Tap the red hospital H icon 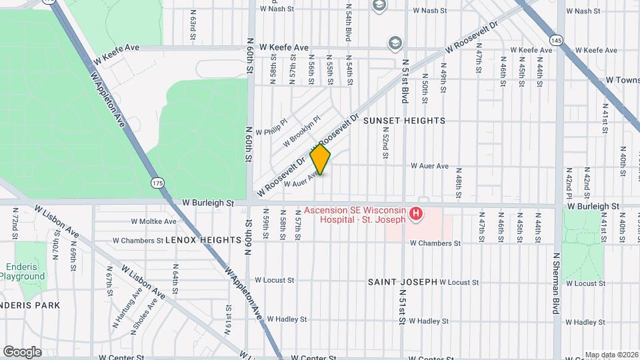[x=416, y=214]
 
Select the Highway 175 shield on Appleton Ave [x=157, y=183]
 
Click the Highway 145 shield [x=557, y=40]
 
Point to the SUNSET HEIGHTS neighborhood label [x=404, y=121]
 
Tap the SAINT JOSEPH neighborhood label [x=402, y=282]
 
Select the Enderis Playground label [x=22, y=271]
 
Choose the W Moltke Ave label [x=153, y=221]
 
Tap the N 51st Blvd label [x=404, y=80]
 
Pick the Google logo [x=22, y=351]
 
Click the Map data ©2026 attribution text [x=611, y=355]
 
